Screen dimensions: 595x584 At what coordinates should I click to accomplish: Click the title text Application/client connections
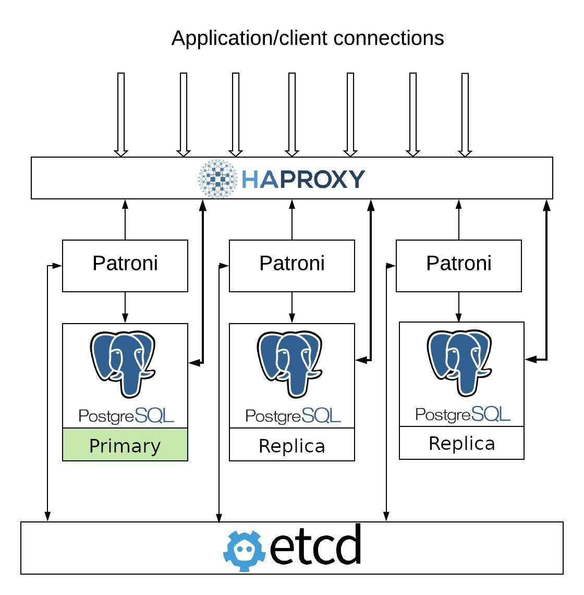308,38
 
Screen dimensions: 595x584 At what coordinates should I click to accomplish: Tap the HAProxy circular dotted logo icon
218,179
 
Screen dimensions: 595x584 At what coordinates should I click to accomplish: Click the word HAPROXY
303,179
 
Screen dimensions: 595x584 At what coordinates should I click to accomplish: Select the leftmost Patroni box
125,266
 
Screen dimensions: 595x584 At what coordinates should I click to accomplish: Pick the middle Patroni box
292,266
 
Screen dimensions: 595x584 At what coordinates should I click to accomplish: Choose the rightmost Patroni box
459,266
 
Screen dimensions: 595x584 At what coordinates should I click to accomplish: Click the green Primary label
125,445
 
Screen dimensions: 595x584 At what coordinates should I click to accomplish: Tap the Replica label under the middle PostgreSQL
292,445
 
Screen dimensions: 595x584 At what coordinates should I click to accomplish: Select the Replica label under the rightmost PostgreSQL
461,443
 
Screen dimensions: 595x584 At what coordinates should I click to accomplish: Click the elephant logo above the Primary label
123,363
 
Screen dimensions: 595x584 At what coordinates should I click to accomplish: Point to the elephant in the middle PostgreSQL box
290,363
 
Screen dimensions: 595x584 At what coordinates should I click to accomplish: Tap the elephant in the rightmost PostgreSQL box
459,362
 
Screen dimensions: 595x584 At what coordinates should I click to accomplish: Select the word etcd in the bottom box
316,546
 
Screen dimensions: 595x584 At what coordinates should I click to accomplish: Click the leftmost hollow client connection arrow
121,114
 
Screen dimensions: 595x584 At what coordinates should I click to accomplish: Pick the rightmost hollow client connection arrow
465,114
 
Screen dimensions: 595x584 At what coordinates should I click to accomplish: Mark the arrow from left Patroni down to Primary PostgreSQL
125,307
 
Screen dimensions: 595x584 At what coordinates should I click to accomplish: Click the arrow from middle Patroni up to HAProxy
292,219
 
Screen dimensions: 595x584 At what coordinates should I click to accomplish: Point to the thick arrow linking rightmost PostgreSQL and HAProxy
546,282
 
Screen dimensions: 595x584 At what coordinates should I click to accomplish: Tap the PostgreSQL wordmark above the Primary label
126,415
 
